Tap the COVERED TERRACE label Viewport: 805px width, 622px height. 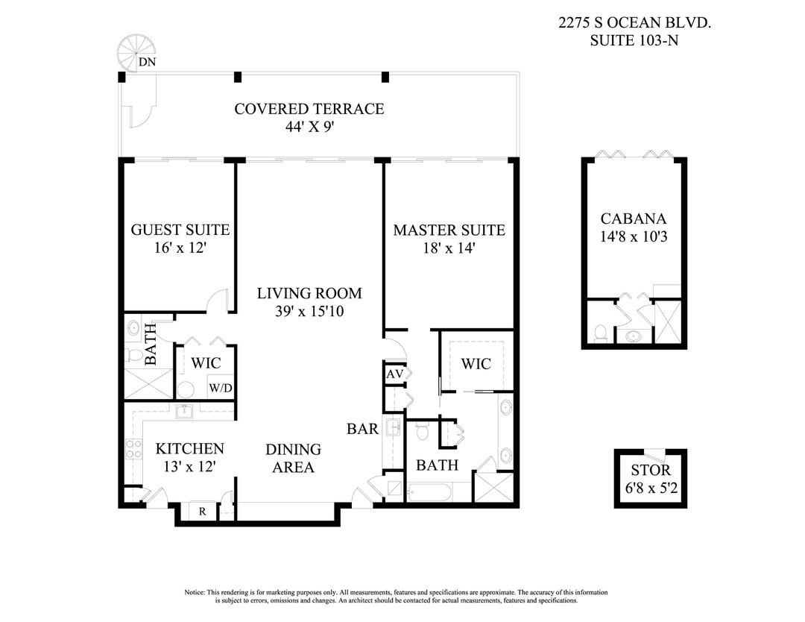[309, 109]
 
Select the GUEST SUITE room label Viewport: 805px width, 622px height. [180, 230]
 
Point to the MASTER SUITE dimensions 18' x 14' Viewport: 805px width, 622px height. [449, 248]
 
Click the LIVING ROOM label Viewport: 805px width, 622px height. [309, 293]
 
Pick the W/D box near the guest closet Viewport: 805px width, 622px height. [220, 388]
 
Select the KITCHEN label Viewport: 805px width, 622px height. [189, 448]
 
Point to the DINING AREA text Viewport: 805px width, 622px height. [294, 459]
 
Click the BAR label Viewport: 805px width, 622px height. [363, 429]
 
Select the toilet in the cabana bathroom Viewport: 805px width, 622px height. [601, 332]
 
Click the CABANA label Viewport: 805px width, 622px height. [633, 219]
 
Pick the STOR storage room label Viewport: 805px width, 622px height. [651, 471]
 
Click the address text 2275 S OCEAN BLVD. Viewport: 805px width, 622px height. [634, 23]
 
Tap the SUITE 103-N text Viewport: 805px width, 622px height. [634, 41]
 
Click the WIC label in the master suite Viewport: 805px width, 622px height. [476, 364]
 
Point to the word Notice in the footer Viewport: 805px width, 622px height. [195, 592]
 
